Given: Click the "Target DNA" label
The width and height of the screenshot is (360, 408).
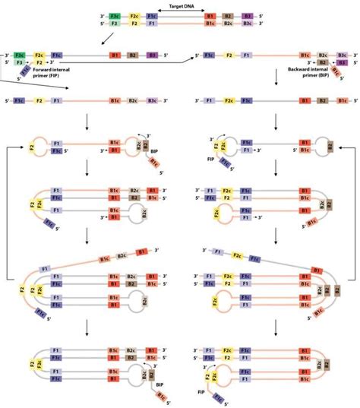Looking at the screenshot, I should pos(179,5).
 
